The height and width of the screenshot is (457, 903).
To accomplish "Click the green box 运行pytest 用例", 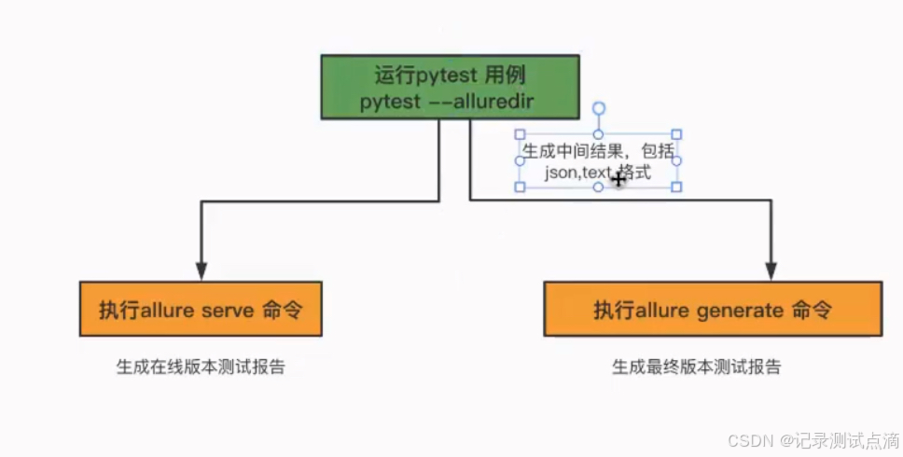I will [x=450, y=87].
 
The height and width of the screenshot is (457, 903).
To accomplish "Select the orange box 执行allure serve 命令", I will [x=201, y=310].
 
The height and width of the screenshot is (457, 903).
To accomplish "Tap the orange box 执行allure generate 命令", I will [x=712, y=310].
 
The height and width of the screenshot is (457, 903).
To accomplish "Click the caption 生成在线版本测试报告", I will [x=201, y=367].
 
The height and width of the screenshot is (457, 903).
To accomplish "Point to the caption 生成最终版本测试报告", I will [x=696, y=367].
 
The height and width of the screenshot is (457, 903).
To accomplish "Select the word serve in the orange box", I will [x=228, y=310].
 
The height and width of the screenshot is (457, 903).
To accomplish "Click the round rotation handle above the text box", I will [x=599, y=108].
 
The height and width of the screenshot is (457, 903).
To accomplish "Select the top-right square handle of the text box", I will [x=676, y=135].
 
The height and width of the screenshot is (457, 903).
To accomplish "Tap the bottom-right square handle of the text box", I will [x=676, y=187].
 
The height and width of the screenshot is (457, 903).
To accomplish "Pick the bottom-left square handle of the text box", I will [x=521, y=187].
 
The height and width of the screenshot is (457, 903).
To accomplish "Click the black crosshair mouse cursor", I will [x=618, y=178].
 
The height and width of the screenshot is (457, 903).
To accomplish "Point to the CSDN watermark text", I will [x=747, y=439].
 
